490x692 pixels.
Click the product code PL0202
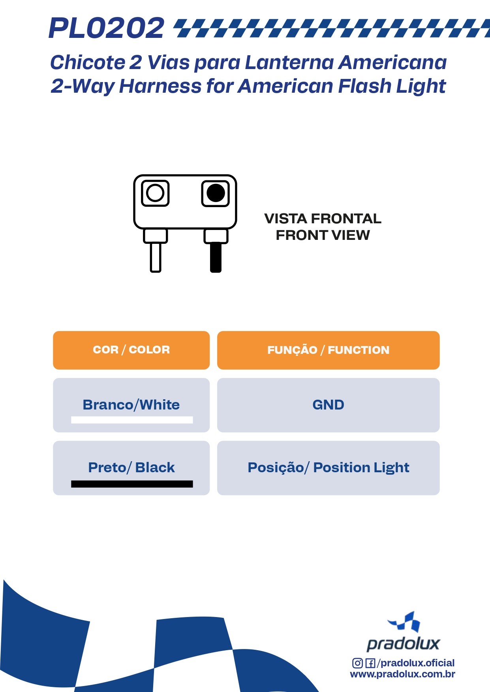point(106,28)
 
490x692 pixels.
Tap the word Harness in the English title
point(160,86)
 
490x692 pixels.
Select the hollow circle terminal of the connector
point(155,193)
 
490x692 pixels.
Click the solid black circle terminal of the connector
point(216,193)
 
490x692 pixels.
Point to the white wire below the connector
point(156,257)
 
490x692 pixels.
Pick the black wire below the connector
point(216,257)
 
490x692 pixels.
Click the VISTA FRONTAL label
point(323,219)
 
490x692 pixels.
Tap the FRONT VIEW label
point(323,235)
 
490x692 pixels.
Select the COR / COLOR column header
point(131,350)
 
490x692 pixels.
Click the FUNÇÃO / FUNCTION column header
point(328,350)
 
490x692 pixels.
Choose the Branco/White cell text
point(131,405)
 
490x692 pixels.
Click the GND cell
point(328,405)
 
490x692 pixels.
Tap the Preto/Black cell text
point(131,468)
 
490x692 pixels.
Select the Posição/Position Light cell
point(328,468)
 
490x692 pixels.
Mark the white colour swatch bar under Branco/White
point(132,420)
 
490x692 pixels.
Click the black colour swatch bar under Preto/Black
point(132,484)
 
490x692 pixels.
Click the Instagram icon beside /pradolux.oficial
point(357,663)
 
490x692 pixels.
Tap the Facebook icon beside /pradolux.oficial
point(370,663)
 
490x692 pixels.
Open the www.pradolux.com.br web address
point(402,674)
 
